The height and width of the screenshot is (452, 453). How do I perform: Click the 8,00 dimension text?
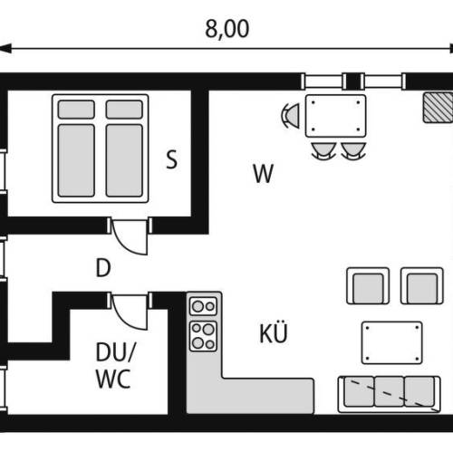227,29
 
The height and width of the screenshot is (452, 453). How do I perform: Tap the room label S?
172,159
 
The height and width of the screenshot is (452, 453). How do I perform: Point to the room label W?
264,174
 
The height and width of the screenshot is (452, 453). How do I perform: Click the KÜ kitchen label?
274,332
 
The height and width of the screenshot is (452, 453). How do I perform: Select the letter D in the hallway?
103,268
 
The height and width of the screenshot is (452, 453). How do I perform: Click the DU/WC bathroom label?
115,365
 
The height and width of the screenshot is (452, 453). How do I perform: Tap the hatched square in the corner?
438,108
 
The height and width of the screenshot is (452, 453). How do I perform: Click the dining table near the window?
335,116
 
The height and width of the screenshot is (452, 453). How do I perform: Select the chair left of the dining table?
291,116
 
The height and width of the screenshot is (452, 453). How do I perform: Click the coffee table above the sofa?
392,342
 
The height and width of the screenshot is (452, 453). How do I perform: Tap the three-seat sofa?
390,394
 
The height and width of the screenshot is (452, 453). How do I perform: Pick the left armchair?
368,285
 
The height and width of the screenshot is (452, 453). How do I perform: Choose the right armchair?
422,285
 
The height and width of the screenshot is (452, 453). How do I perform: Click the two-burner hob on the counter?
203,306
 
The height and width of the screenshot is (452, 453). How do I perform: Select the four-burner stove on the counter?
203,336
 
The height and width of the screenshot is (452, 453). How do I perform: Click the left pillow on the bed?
76,110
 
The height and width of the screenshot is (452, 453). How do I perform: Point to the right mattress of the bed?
124,160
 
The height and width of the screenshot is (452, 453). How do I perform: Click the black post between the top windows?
353,82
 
